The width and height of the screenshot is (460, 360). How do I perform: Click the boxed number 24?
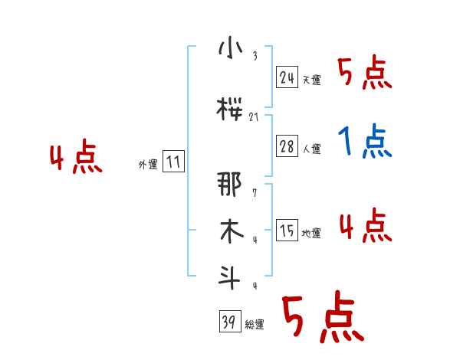click(x=287, y=77)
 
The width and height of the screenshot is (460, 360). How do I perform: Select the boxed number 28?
click(x=287, y=147)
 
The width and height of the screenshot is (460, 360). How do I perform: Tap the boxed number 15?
click(x=287, y=231)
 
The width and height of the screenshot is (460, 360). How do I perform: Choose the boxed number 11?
click(x=173, y=162)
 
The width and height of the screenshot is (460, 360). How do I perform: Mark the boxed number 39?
click(x=229, y=322)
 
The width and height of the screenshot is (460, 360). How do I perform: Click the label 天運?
click(x=311, y=80)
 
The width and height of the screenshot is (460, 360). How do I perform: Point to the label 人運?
click(x=311, y=149)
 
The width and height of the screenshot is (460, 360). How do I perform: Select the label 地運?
click(x=311, y=233)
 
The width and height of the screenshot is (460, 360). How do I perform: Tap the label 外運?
click(x=148, y=164)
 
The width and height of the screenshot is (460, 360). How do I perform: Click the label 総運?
click(x=255, y=325)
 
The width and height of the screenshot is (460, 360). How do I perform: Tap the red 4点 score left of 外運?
click(x=75, y=159)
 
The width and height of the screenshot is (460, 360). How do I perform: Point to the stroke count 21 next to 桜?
click(x=255, y=116)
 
